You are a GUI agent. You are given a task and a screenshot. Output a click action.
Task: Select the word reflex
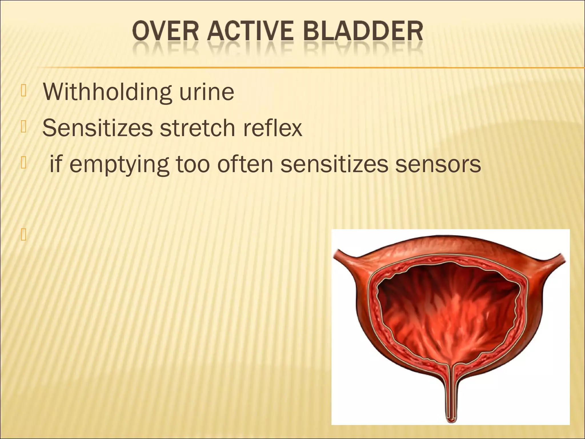[x=273, y=128]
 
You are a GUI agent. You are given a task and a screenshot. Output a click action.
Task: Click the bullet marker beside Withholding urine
[x=23, y=91]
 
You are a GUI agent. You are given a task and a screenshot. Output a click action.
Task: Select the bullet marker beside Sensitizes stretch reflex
[x=23, y=127]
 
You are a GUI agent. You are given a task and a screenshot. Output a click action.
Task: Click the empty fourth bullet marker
[x=23, y=235]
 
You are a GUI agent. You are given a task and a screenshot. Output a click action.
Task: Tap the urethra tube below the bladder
[x=451, y=400]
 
